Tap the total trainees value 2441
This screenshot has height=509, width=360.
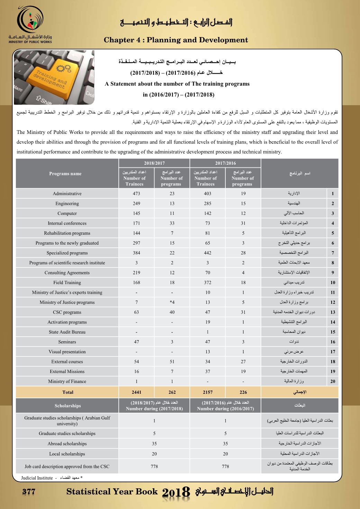pos(136,392)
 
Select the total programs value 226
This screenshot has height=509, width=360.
pos(243,392)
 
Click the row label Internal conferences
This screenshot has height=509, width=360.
pos(67,223)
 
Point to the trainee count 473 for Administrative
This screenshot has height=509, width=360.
pos(136,193)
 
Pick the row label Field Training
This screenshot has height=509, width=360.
pos(67,282)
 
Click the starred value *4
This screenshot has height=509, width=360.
pos(172,302)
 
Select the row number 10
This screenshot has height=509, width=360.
pos(333,282)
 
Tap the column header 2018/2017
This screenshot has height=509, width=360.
pos(154,163)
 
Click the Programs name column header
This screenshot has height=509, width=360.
pos(65,173)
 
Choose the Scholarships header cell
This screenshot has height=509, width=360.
pos(67,406)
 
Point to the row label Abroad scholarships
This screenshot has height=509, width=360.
pos(67,444)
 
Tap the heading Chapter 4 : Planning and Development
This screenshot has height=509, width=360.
pos(176,40)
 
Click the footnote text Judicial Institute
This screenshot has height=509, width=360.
pos(37,478)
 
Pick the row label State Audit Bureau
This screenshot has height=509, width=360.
pos(67,332)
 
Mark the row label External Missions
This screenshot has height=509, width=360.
pos(67,371)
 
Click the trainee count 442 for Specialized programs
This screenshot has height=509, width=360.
pos(208,253)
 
